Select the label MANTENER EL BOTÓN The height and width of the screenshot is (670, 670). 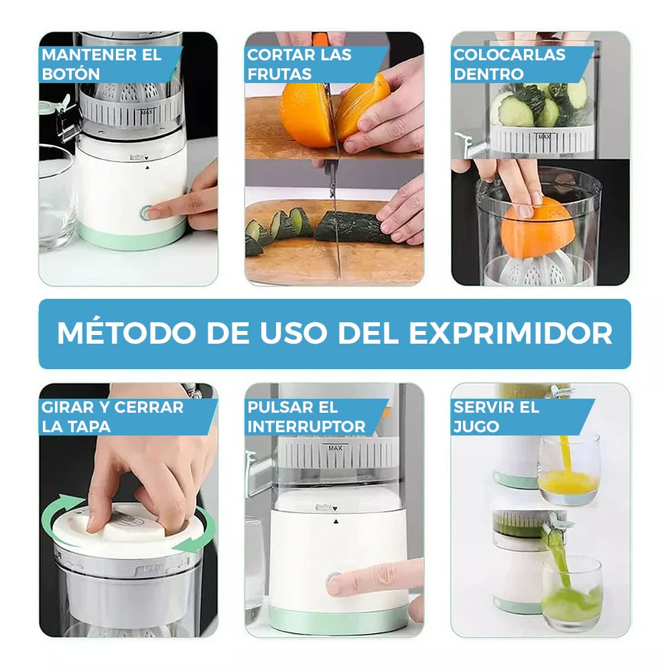click(101, 64)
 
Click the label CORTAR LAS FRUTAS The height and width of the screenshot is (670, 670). click(299, 64)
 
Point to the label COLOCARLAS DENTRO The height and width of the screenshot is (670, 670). click(509, 64)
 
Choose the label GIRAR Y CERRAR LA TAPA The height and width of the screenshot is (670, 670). click(112, 416)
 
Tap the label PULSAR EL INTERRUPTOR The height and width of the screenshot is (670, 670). click(306, 416)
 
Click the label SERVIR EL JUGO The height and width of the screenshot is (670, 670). click(496, 416)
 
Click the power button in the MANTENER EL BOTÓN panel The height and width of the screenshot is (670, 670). click(146, 213)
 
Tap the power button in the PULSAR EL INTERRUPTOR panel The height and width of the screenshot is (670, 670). click(332, 580)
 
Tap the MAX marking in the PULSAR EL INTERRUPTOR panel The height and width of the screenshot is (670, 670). click(333, 446)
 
